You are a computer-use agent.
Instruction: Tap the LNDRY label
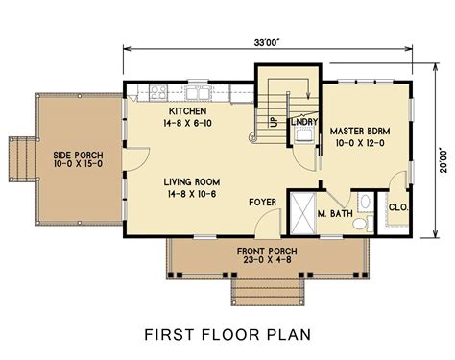308,123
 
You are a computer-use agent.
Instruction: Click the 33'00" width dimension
267,43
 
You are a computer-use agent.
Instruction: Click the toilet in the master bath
359,223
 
